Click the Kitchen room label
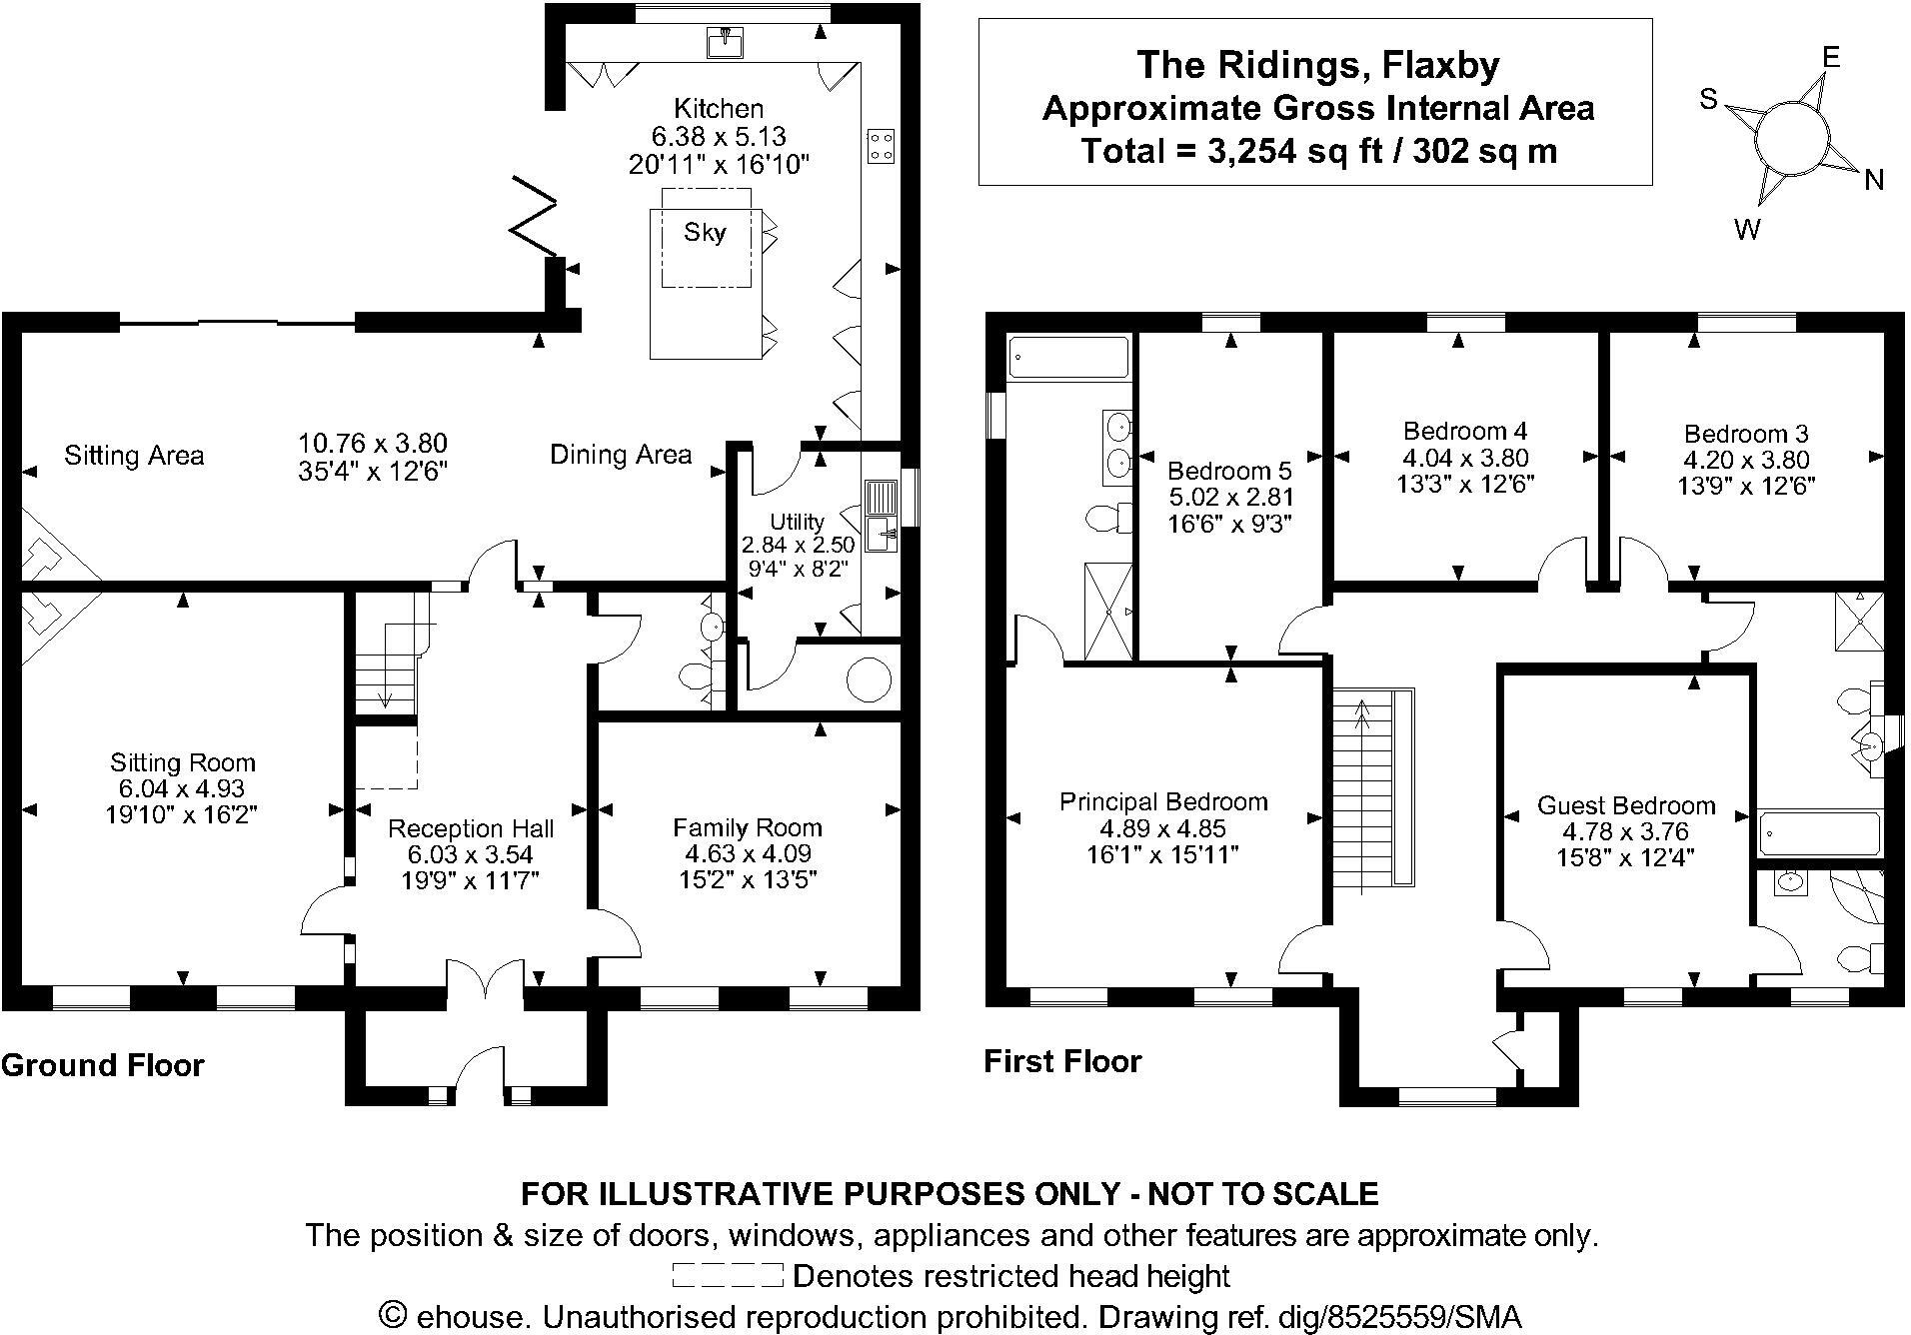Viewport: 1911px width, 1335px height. click(x=718, y=108)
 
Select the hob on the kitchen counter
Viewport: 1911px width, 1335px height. click(x=881, y=146)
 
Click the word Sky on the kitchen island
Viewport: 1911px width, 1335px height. click(x=705, y=233)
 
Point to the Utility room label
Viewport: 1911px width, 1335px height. click(x=797, y=522)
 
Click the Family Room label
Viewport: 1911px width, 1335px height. click(x=747, y=827)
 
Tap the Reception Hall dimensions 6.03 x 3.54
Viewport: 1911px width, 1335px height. click(x=470, y=854)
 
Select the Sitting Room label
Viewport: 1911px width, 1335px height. click(x=183, y=762)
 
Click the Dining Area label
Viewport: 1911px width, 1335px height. click(x=621, y=456)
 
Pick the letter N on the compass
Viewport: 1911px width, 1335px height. click(x=1874, y=180)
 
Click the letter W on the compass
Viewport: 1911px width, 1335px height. click(x=1747, y=231)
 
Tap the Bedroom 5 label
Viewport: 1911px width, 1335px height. click(x=1229, y=471)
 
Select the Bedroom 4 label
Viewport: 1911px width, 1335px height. click(x=1465, y=432)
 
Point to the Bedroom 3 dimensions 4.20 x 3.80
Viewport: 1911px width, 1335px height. click(x=1745, y=460)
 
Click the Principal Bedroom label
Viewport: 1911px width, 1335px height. click(x=1163, y=801)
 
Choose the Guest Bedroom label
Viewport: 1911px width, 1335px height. click(x=1626, y=805)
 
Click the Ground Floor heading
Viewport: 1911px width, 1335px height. click(x=103, y=1065)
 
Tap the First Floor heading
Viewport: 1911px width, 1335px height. click(x=1062, y=1061)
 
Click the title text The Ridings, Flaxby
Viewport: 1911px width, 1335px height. click(x=1318, y=65)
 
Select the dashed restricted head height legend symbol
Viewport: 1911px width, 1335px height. click(x=727, y=1276)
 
